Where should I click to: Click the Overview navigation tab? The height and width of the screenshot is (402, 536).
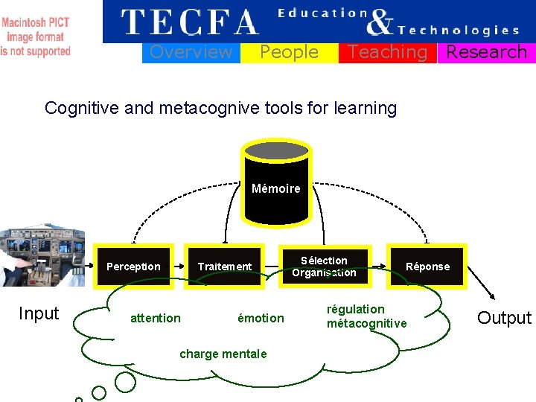coord(191,52)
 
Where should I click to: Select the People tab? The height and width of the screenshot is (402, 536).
coord(289,52)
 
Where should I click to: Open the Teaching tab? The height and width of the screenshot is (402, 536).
coord(387,52)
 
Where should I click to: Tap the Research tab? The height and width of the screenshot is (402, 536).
coord(486,52)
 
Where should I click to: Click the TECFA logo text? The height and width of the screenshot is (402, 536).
coord(191,22)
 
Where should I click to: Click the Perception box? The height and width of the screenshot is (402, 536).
coord(133,267)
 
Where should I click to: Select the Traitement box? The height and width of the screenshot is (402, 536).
coord(224,267)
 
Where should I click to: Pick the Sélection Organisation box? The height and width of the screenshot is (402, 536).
coord(324,267)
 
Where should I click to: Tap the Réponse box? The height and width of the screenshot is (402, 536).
coord(427,267)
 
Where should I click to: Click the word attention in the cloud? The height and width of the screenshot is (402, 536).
coord(155,318)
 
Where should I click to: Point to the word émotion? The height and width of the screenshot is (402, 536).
coord(261,318)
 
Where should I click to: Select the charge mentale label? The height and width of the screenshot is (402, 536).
coord(223,354)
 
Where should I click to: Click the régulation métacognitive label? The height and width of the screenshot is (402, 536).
coord(366,316)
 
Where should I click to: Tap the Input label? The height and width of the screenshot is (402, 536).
coord(39,313)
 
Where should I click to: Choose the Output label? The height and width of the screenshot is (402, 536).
coord(504,318)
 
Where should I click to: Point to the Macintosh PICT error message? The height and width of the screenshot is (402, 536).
coord(36,36)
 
